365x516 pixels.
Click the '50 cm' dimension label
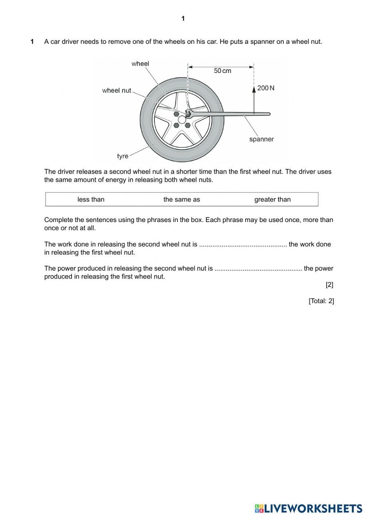coord(222,71)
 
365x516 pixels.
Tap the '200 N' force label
coord(266,88)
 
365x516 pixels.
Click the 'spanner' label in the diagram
coord(261,139)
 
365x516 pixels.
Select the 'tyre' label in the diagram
coord(123,156)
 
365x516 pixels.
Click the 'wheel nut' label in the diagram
coord(116,91)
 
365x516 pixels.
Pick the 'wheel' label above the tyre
coord(140,64)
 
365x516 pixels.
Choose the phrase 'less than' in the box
coord(91,199)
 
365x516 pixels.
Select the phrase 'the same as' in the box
coord(182,199)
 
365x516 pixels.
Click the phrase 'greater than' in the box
coord(273,199)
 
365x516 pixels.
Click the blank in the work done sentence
coord(243,245)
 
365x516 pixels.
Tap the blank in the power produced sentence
coord(258,269)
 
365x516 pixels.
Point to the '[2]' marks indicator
coord(329,285)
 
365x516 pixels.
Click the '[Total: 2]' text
coord(321,301)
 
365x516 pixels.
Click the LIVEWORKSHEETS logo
coord(308,508)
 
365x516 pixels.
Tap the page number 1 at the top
coord(183,19)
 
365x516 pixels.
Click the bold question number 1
coord(32,42)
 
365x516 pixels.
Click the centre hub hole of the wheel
coord(182,119)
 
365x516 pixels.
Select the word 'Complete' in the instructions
coord(57,220)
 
